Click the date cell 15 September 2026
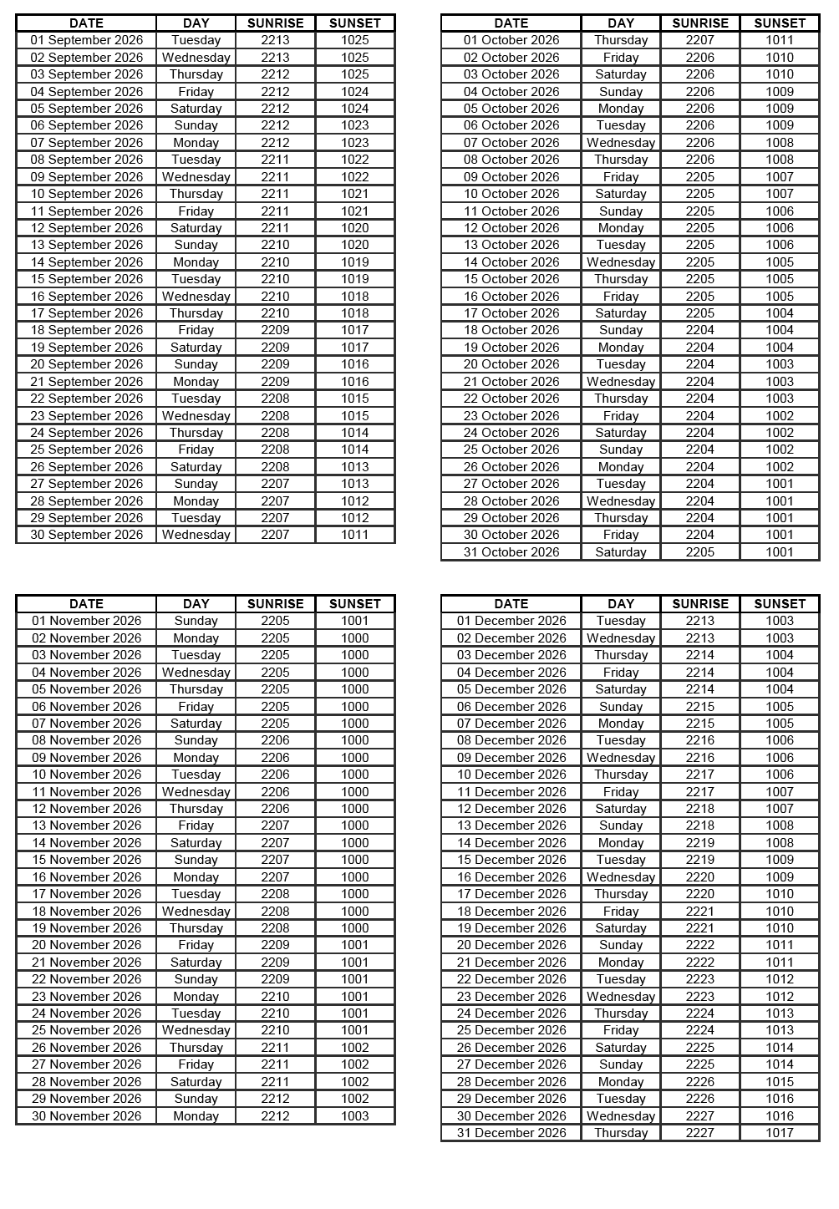click(87, 279)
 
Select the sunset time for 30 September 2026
click(354, 535)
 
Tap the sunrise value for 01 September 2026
click(275, 40)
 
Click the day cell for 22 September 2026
click(196, 399)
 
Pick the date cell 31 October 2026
click(511, 552)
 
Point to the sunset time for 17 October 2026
click(779, 313)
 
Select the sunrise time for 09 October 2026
click(699, 177)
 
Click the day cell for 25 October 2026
click(620, 450)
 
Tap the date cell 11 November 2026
click(87, 792)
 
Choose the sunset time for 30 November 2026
click(354, 1116)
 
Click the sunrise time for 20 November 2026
click(275, 945)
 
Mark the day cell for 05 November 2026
click(196, 689)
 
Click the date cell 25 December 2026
click(511, 1030)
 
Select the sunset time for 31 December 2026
click(779, 1133)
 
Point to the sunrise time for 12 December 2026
click(699, 809)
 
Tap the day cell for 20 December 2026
click(620, 945)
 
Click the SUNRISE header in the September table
click(275, 23)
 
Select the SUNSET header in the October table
click(779, 23)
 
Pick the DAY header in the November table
click(196, 604)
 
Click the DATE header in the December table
click(511, 604)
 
